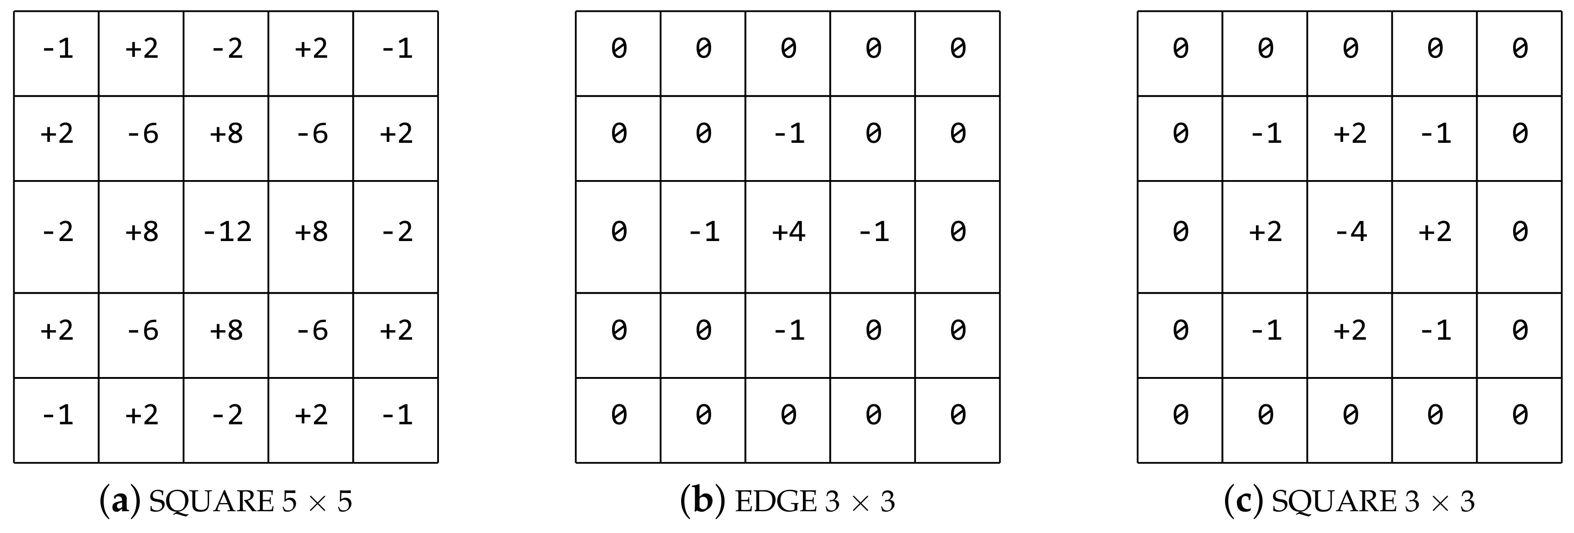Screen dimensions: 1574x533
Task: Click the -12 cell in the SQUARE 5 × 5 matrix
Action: [x=227, y=231]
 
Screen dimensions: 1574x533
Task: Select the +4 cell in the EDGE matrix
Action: [x=788, y=231]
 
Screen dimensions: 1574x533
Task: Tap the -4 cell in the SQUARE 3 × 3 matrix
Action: [x=1350, y=231]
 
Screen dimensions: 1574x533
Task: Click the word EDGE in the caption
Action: [x=775, y=502]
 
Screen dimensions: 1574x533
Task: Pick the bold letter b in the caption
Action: [x=702, y=502]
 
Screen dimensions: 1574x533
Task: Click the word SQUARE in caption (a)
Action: [x=211, y=502]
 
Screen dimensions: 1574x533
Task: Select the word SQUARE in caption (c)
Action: [x=1335, y=502]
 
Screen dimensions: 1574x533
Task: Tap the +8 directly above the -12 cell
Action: [x=227, y=133]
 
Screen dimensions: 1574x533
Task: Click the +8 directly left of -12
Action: [x=142, y=231]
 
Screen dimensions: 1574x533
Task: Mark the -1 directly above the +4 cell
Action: [x=788, y=133]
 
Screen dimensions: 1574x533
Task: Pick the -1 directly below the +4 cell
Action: [x=788, y=331]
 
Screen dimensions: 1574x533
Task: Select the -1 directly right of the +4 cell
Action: [x=873, y=231]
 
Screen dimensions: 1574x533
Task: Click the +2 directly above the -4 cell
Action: [x=1350, y=133]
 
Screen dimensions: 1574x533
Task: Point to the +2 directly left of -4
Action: [x=1265, y=231]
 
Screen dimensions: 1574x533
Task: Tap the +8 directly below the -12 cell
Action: [x=227, y=331]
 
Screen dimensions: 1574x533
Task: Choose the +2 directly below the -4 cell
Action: [x=1350, y=331]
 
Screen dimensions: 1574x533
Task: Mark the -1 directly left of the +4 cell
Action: [x=703, y=231]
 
